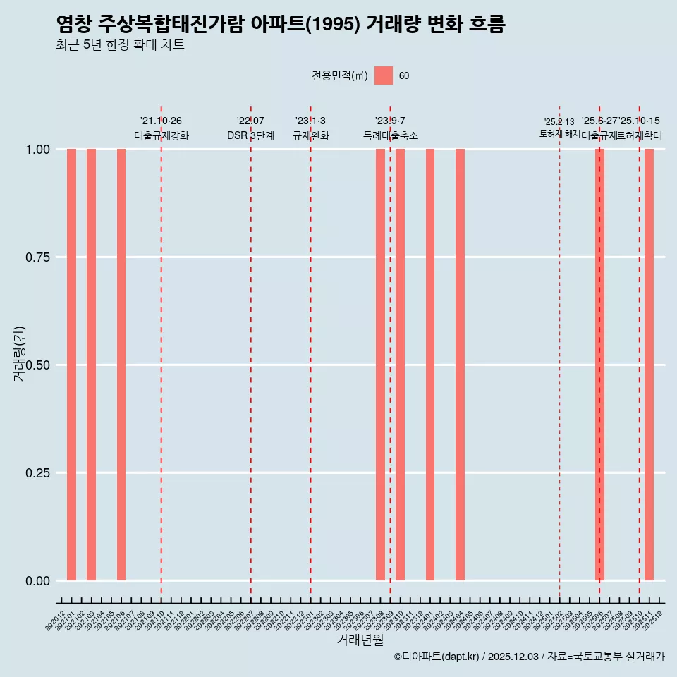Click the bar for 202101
click(71, 365)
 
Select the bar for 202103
click(91, 365)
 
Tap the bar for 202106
click(121, 365)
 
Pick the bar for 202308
click(380, 365)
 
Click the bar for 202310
click(400, 365)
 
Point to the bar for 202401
click(430, 365)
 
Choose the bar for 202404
click(460, 365)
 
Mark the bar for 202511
click(649, 365)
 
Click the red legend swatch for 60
click(384, 75)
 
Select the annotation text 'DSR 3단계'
click(250, 135)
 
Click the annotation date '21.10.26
click(161, 121)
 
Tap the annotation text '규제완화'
click(310, 135)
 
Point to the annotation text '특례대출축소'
click(391, 135)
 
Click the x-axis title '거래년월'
click(360, 640)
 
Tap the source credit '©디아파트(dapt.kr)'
click(437, 657)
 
